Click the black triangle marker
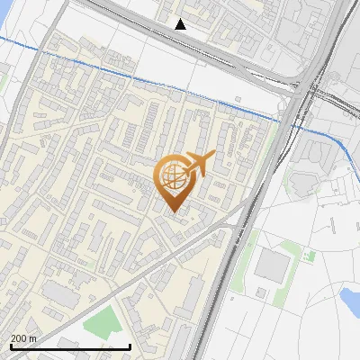[x=181, y=24]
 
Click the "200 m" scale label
[x=23, y=338]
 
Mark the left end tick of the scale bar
[x=10, y=346]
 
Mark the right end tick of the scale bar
[x=130, y=346]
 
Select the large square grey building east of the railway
[x=272, y=265]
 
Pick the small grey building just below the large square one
[x=261, y=292]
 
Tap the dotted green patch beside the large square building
[x=310, y=256]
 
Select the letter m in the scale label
[x=33, y=338]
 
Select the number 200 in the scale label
[x=19, y=338]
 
